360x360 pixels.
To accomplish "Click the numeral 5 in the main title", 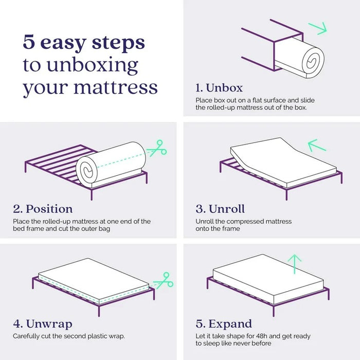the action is click(x=29, y=42).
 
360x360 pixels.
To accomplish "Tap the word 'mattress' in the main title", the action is click(x=116, y=87).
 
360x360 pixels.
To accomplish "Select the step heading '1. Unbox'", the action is click(x=219, y=88).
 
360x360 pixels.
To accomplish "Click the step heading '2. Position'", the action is click(x=43, y=209).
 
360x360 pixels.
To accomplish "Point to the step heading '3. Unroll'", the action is click(x=220, y=209).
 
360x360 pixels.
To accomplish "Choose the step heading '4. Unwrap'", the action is click(x=43, y=323).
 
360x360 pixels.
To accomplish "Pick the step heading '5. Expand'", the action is click(x=224, y=323).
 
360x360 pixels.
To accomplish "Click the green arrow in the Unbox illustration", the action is click(x=317, y=28).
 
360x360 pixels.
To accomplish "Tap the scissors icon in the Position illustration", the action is click(x=157, y=149).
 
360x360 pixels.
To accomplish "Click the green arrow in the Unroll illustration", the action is click(x=317, y=146).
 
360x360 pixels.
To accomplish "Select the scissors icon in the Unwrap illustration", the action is click(x=164, y=280).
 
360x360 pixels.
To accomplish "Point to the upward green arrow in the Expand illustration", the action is click(x=295, y=264).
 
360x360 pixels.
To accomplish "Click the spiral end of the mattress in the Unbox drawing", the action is click(x=313, y=61).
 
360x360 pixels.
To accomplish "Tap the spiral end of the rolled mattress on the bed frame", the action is click(x=87, y=170).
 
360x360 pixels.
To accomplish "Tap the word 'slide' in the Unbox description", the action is click(x=308, y=100).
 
